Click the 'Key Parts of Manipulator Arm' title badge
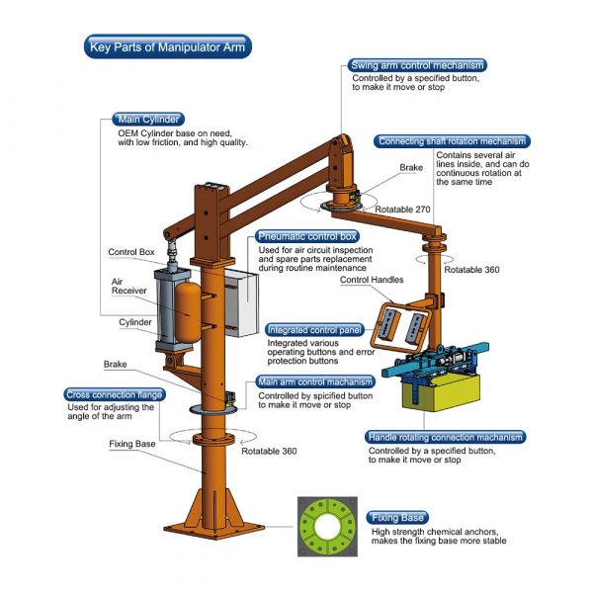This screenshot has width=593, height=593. (x=168, y=46)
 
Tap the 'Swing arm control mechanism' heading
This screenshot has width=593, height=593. (x=417, y=65)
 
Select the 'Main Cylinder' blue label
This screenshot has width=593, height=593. (x=148, y=120)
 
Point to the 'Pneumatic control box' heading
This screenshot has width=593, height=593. (x=307, y=236)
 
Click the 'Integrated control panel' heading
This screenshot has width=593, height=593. (x=314, y=330)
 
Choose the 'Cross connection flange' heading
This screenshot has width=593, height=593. (x=115, y=394)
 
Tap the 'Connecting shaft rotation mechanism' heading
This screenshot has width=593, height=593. (x=452, y=141)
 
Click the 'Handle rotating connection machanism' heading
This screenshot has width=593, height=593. (x=445, y=437)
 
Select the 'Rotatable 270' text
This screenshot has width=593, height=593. (x=402, y=210)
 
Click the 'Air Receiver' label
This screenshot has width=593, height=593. (x=128, y=287)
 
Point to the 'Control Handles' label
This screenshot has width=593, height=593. (x=372, y=280)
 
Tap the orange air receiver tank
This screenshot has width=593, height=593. (x=188, y=312)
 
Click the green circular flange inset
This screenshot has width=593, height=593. (x=327, y=527)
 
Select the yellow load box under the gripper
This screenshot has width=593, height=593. (x=441, y=392)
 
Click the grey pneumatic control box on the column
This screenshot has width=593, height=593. (x=242, y=302)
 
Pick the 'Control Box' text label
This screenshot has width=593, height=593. (x=131, y=252)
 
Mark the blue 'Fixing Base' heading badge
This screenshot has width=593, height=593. (x=397, y=517)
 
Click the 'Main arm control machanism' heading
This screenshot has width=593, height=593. (x=315, y=381)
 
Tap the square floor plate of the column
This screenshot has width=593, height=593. (x=214, y=529)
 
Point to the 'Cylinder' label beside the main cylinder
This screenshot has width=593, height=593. (x=135, y=322)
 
